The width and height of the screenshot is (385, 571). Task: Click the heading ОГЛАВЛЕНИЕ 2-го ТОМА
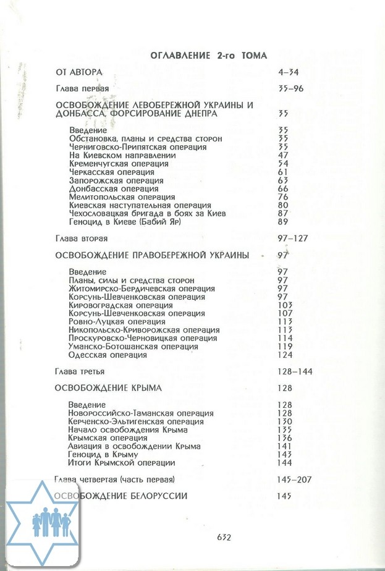208,56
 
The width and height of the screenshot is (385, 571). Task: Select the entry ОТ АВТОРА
79,73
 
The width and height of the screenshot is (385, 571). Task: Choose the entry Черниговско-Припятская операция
137,147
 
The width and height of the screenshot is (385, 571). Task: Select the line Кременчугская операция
119,164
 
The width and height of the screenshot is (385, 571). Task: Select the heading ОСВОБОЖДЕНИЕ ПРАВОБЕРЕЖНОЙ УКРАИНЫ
152,255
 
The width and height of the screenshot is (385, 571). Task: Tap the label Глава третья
80,372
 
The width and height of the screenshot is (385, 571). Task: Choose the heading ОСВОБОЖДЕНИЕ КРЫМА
108,388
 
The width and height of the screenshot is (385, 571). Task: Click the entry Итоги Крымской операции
122,463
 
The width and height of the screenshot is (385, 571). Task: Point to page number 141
285,446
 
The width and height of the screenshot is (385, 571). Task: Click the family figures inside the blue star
51,523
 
